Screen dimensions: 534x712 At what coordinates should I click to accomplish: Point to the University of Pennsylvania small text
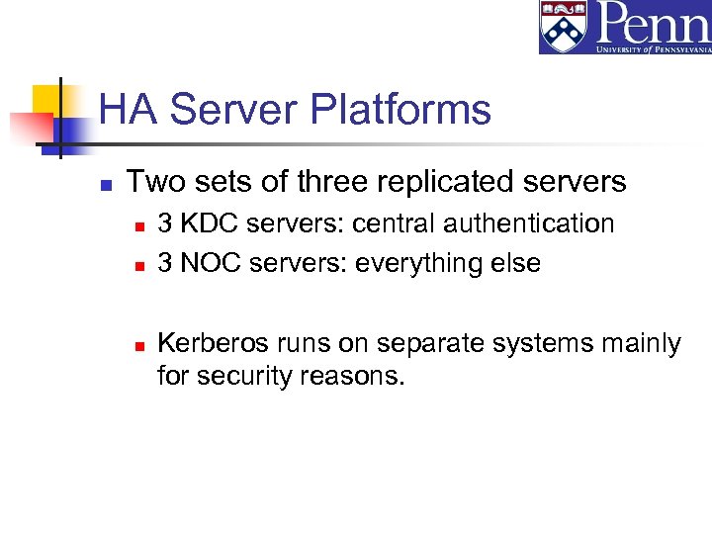point(653,46)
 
